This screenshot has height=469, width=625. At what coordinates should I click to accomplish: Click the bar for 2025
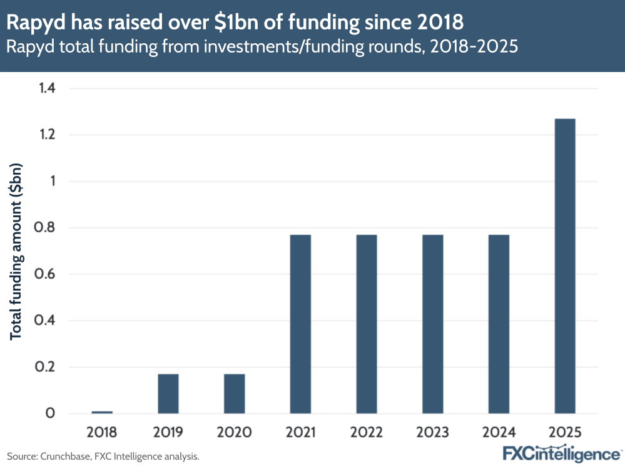[x=565, y=266]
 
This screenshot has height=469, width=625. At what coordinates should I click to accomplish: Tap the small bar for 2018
[x=102, y=412]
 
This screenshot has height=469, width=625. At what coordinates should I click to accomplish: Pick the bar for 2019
[x=168, y=393]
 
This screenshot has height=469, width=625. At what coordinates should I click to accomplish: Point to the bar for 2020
[x=235, y=393]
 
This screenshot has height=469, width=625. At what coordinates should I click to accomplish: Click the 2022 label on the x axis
[x=367, y=432]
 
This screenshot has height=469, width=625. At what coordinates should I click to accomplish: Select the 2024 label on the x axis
[x=499, y=432]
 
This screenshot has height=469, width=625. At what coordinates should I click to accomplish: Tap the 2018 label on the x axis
[x=102, y=432]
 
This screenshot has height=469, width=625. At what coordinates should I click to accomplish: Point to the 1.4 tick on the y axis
[x=46, y=88]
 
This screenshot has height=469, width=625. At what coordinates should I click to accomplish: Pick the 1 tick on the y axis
[x=52, y=182]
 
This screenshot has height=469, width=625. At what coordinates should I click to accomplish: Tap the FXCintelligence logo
[x=562, y=453]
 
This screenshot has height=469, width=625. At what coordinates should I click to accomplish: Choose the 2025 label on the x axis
[x=565, y=432]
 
